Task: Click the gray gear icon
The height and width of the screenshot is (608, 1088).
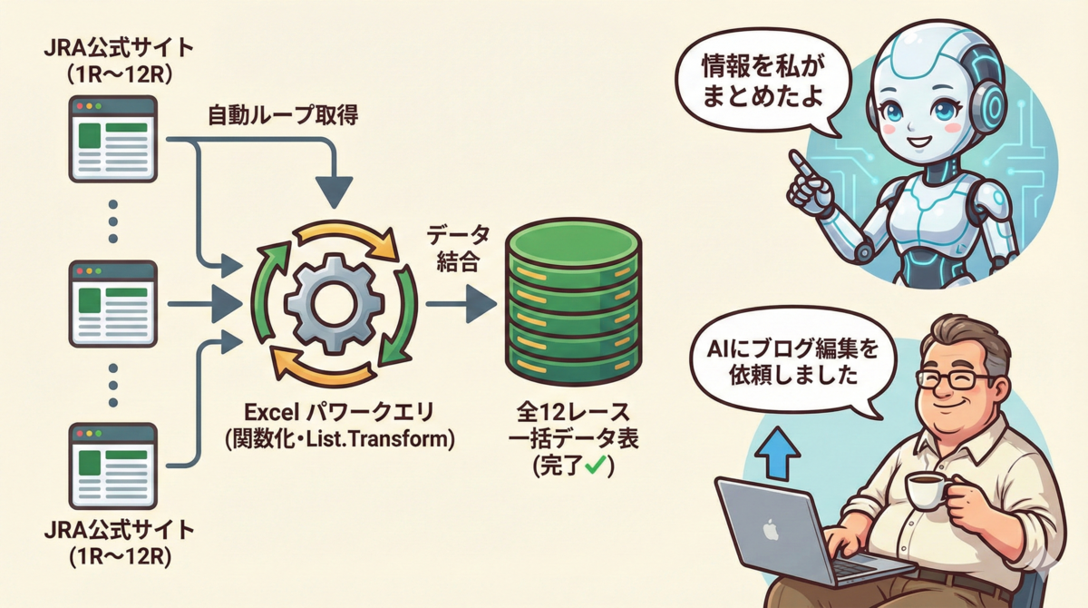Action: [x=335, y=304]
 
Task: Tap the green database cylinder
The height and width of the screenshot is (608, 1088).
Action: [x=574, y=301]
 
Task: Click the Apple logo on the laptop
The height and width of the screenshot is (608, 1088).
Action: [x=771, y=529]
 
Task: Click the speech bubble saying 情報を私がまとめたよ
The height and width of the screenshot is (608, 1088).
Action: [x=763, y=81]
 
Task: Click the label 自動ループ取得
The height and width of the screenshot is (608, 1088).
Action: [x=283, y=115]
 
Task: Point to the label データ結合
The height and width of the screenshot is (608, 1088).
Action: [x=458, y=249]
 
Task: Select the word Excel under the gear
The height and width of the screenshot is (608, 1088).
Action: [x=271, y=413]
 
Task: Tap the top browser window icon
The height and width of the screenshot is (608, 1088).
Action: [x=113, y=139]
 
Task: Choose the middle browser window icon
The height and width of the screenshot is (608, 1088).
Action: [x=113, y=304]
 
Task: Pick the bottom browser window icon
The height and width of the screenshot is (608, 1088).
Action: [x=113, y=466]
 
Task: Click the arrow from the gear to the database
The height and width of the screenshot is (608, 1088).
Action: [x=461, y=304]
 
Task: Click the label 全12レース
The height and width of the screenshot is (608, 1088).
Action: [x=573, y=413]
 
